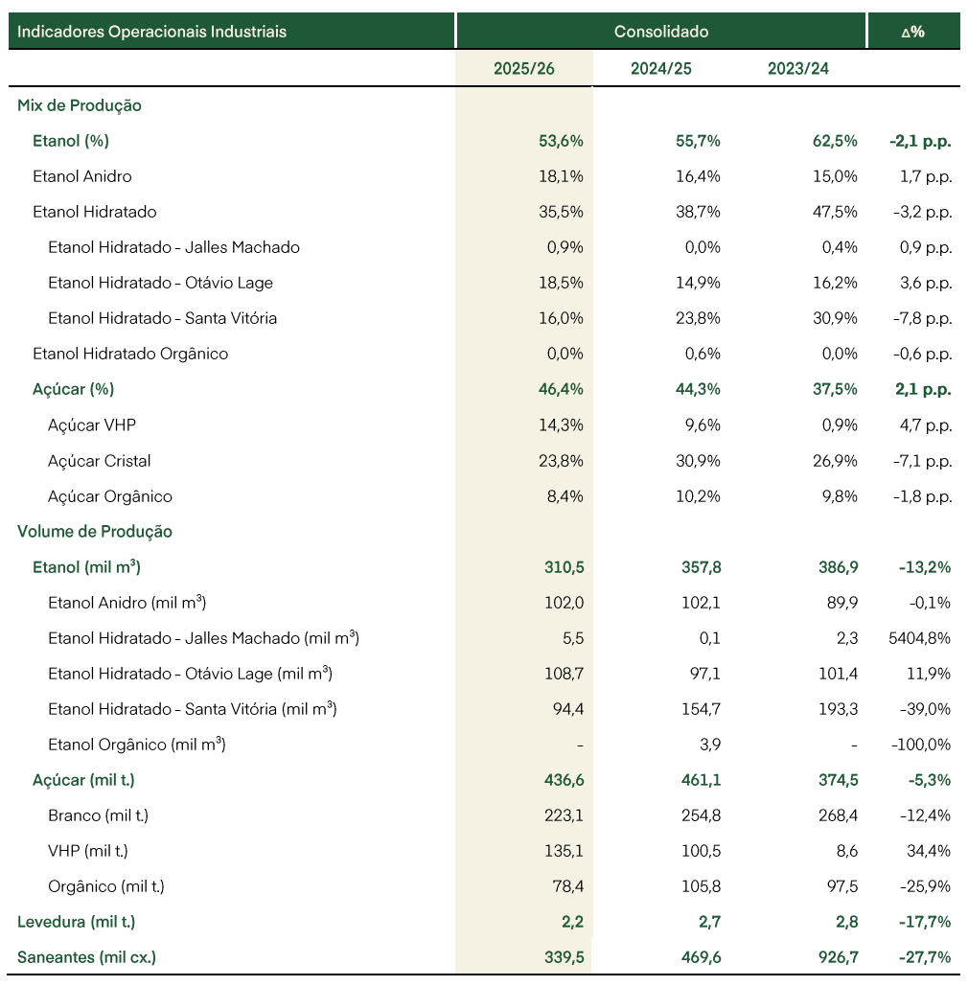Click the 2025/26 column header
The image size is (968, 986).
(x=524, y=69)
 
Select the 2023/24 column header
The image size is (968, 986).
(x=798, y=69)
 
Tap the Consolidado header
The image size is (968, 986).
(x=661, y=32)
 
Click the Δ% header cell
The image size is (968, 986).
(x=913, y=32)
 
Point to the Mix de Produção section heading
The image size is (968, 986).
(x=80, y=105)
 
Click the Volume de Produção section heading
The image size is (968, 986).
(x=95, y=532)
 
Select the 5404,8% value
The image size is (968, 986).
(x=919, y=638)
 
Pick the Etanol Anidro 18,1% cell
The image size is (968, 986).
(x=561, y=176)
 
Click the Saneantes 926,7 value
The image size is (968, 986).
(x=839, y=957)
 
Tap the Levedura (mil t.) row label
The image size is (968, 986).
(x=76, y=922)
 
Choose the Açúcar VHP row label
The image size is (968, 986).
(x=92, y=425)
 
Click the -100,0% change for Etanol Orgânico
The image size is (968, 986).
(x=921, y=745)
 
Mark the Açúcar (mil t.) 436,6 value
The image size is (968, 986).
(x=565, y=780)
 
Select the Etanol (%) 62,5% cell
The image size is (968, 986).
(x=835, y=141)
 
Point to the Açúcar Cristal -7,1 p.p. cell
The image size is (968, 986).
(x=922, y=461)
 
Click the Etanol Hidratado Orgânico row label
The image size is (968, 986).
(x=130, y=354)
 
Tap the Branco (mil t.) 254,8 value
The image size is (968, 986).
(x=702, y=815)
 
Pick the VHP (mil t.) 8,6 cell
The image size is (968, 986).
(x=847, y=851)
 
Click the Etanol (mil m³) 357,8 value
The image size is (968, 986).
(x=702, y=567)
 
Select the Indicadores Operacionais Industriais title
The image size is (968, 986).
(x=151, y=32)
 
